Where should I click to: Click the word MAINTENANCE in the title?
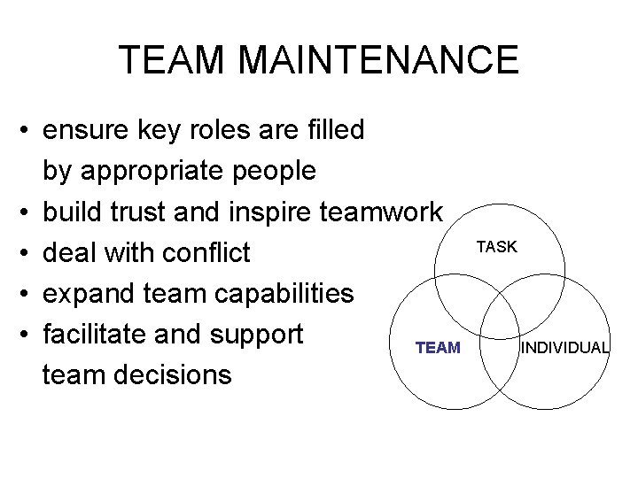pyautogui.click(x=377, y=60)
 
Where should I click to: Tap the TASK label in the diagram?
pyautogui.click(x=496, y=247)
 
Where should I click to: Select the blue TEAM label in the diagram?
pyautogui.click(x=438, y=348)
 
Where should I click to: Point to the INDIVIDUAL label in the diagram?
pyautogui.click(x=564, y=348)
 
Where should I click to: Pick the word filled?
pyautogui.click(x=335, y=130)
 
